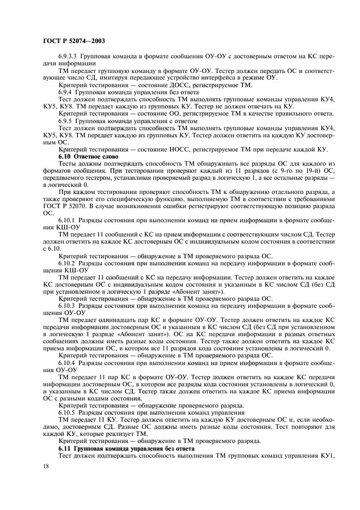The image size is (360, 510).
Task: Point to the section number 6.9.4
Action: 66,92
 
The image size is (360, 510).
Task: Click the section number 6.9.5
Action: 66,120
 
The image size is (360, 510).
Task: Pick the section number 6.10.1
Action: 68,220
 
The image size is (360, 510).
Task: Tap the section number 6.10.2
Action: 68,263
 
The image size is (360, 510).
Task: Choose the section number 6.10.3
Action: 68,306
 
